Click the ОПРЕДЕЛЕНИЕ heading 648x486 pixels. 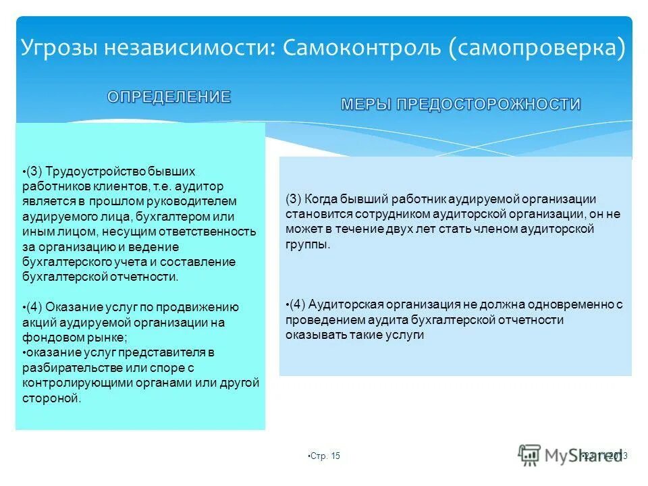coord(169,97)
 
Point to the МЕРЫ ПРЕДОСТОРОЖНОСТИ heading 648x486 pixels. coord(461,104)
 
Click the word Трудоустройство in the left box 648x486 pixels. coord(86,172)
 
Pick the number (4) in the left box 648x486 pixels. coord(34,307)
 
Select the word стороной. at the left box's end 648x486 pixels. coord(51,398)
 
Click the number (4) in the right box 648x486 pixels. coord(298,304)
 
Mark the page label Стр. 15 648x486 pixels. coord(325,456)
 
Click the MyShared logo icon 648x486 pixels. coord(530,455)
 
